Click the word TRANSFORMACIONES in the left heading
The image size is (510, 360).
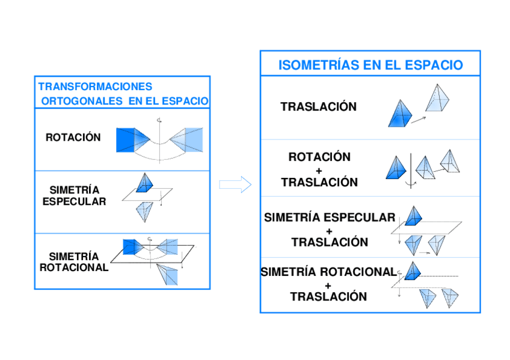coord(95,87)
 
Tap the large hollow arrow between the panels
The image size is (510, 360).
coord(235,185)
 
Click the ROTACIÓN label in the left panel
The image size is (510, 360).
coord(73,138)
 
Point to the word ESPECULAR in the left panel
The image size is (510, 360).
coord(74,202)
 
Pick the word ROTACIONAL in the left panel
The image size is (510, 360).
coord(74,267)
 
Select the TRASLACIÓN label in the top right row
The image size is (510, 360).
coord(318,107)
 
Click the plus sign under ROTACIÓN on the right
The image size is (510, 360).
coord(319,170)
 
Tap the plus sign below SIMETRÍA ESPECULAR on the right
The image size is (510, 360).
coord(329,230)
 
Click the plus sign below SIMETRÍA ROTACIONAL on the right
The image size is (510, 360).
coord(328,285)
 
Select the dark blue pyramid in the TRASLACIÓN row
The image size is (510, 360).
coord(399,114)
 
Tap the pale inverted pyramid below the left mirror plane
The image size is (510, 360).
coord(144,211)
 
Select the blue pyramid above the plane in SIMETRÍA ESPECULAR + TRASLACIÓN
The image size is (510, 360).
coord(413,216)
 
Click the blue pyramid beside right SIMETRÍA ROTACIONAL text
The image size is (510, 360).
coord(412,272)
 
